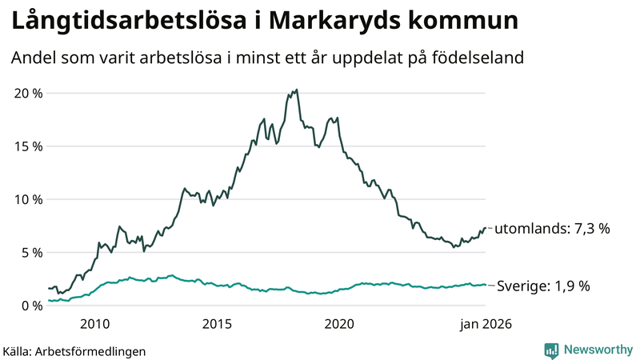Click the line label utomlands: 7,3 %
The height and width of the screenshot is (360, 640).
[x=552, y=229]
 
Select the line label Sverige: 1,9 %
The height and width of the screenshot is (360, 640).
[x=544, y=286]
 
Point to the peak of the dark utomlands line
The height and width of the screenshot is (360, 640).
[x=297, y=90]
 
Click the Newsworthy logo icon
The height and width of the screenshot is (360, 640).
[x=551, y=350]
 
